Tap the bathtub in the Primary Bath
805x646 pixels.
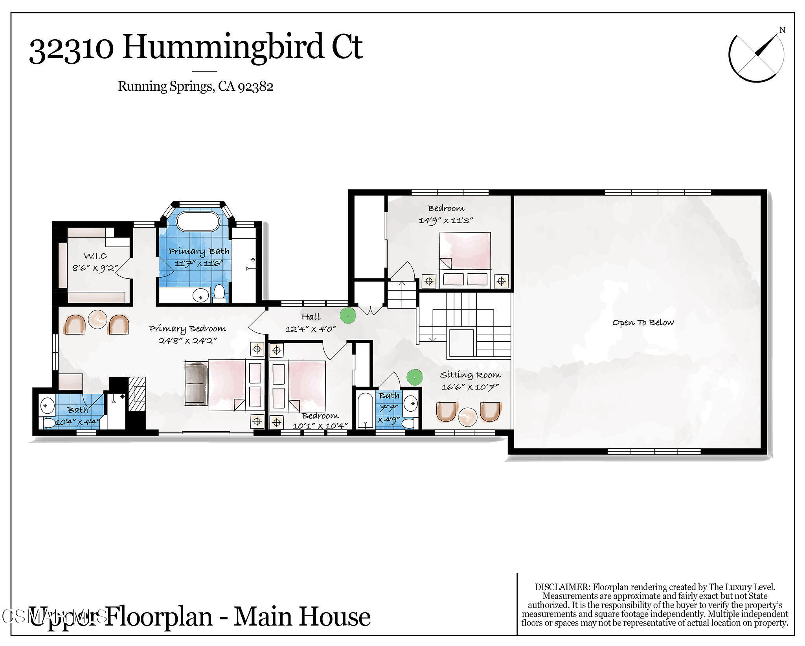198,222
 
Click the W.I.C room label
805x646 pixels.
95,256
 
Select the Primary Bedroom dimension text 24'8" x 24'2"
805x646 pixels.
187,340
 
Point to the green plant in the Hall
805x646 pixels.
347,315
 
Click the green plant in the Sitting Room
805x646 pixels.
414,377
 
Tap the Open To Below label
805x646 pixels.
643,323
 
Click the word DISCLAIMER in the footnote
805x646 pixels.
562,587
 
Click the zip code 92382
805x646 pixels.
255,87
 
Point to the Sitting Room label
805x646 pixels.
470,375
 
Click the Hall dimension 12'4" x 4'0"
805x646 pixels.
311,329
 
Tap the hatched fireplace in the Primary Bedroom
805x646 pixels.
137,394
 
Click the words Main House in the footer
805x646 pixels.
302,617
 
